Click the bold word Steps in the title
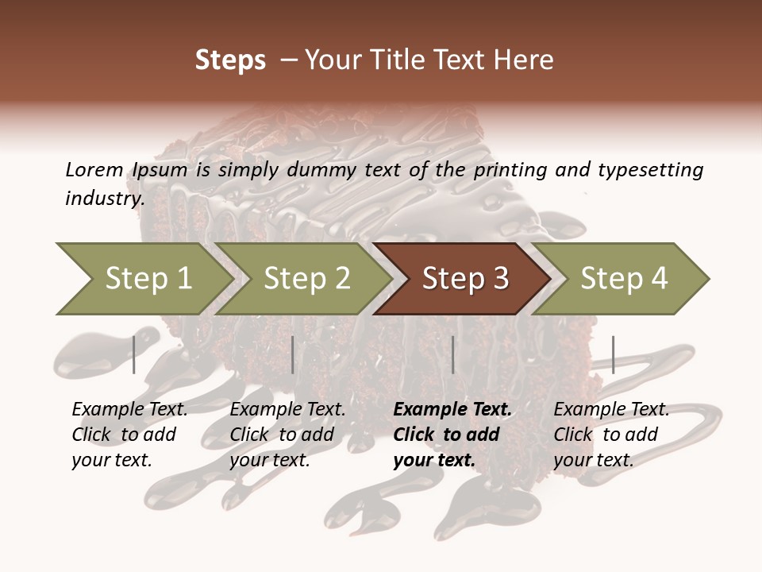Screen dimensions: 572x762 [x=230, y=60]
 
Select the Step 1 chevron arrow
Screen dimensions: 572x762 [x=143, y=279]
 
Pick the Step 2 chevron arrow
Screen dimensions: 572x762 [x=306, y=279]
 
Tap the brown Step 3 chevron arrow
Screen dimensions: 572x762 [x=464, y=279]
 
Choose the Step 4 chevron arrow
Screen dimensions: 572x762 [x=623, y=279]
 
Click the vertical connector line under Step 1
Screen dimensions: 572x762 [x=134, y=354]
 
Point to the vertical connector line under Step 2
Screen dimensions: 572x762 [x=293, y=354]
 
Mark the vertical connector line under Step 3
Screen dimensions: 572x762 [x=452, y=354]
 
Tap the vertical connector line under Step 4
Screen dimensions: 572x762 [x=613, y=354]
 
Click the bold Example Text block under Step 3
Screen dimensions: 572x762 [x=452, y=435]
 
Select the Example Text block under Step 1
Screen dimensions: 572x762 [x=129, y=435]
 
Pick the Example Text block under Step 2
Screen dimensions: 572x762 [x=287, y=435]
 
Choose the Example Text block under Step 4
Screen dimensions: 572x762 [x=611, y=435]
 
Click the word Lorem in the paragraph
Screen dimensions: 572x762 [x=94, y=169]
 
